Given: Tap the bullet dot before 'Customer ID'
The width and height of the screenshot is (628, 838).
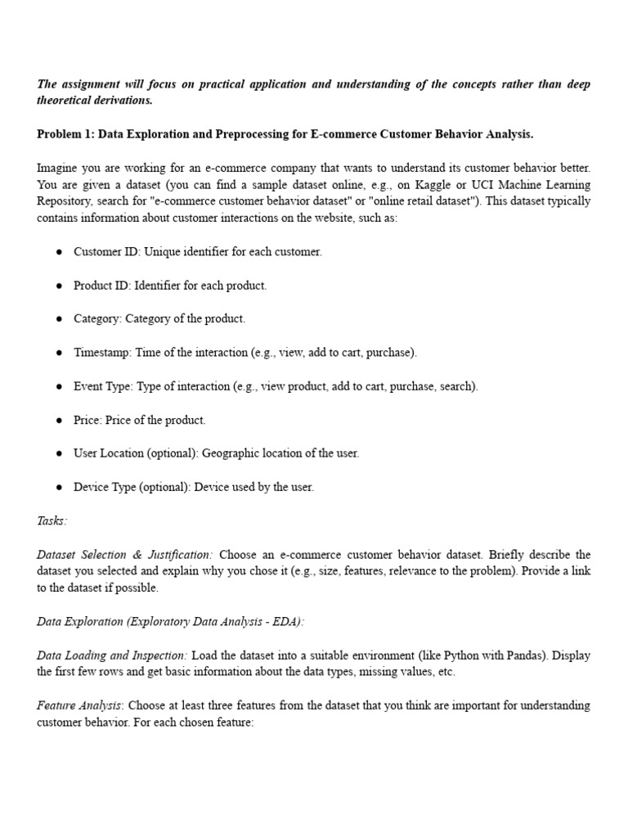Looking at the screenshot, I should (60, 252).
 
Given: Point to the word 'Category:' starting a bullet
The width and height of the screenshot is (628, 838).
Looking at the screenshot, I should (97, 319).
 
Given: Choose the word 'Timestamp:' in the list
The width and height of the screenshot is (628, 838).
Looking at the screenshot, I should (102, 353).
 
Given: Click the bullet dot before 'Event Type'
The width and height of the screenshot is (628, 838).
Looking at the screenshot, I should (60, 386).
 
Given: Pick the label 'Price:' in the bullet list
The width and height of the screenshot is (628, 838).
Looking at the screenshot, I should (88, 420).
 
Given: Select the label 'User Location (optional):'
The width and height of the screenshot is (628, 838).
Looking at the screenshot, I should (136, 453).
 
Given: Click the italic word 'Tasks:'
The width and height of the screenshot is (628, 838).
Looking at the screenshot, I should (52, 520).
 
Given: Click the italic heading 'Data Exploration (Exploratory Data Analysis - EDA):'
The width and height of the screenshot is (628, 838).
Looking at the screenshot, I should (170, 622).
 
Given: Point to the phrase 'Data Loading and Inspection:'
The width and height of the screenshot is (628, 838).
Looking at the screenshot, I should (113, 656).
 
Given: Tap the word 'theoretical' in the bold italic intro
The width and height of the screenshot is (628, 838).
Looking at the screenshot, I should (66, 100).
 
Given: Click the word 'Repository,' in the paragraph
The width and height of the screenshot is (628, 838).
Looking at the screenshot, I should (67, 200).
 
